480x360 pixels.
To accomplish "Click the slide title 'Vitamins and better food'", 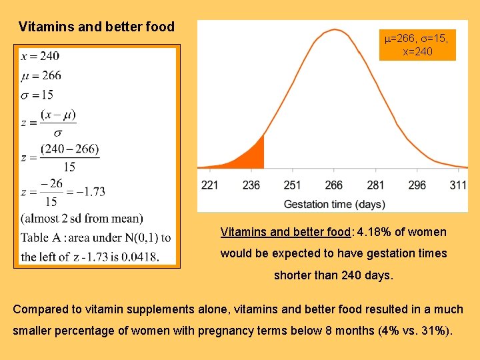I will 97,27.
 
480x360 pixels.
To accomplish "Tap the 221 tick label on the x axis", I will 210,185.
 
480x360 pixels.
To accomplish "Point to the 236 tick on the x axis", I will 251,185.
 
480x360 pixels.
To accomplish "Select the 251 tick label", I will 293,185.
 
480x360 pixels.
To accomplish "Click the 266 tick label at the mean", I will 334,185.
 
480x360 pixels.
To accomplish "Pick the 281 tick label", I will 375,185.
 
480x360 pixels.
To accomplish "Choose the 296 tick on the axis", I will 417,185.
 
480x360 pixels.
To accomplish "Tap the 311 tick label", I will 457,185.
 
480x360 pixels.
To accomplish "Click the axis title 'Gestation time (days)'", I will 334,203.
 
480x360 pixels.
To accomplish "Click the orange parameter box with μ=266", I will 417,45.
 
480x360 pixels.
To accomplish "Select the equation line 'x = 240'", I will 40,57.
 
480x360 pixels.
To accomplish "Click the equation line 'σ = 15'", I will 37,95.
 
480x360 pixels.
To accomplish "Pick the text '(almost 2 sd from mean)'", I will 81,218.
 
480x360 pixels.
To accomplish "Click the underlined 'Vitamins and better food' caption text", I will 285,233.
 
